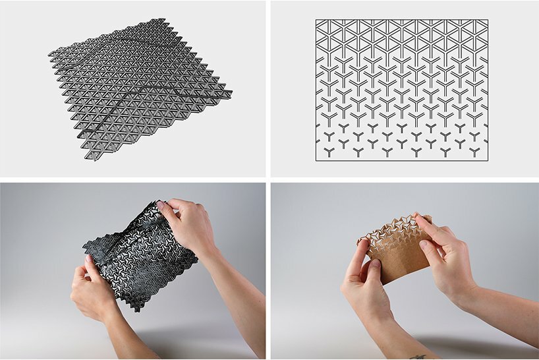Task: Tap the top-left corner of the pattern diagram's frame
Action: [316, 20]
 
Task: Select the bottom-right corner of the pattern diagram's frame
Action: [488, 160]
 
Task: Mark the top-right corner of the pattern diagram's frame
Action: [488, 20]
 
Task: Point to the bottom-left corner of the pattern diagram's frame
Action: [316, 160]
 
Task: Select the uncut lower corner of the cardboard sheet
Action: [395, 280]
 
